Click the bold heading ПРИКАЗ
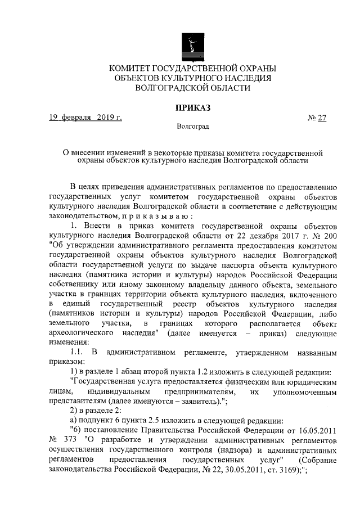192,107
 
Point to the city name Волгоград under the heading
192,127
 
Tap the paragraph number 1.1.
78,352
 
